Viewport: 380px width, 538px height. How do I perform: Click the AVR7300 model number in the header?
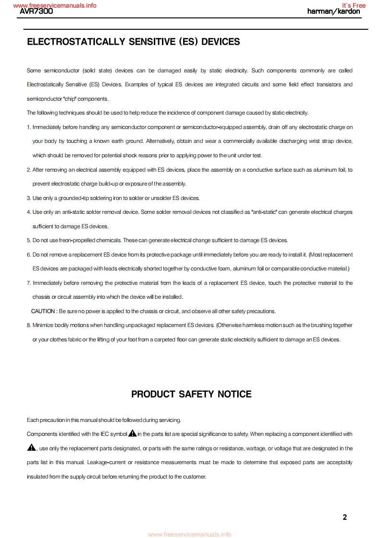click(36, 12)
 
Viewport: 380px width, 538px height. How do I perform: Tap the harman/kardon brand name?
click(334, 12)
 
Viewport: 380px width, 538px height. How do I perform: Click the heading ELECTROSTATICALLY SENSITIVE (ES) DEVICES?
click(133, 42)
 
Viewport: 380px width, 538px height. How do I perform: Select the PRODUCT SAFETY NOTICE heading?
click(191, 394)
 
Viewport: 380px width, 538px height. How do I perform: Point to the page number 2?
click(345, 517)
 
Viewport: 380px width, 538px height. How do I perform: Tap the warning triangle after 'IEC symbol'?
click(133, 433)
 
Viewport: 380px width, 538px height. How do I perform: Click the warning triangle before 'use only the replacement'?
click(32, 448)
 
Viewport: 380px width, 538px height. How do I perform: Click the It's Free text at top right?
click(354, 6)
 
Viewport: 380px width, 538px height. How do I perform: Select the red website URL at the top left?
click(55, 6)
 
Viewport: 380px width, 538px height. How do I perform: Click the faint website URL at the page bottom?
click(189, 534)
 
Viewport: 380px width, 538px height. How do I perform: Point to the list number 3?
click(29, 198)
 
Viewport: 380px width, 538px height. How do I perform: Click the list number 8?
click(29, 325)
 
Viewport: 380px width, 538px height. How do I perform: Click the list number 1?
click(29, 127)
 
